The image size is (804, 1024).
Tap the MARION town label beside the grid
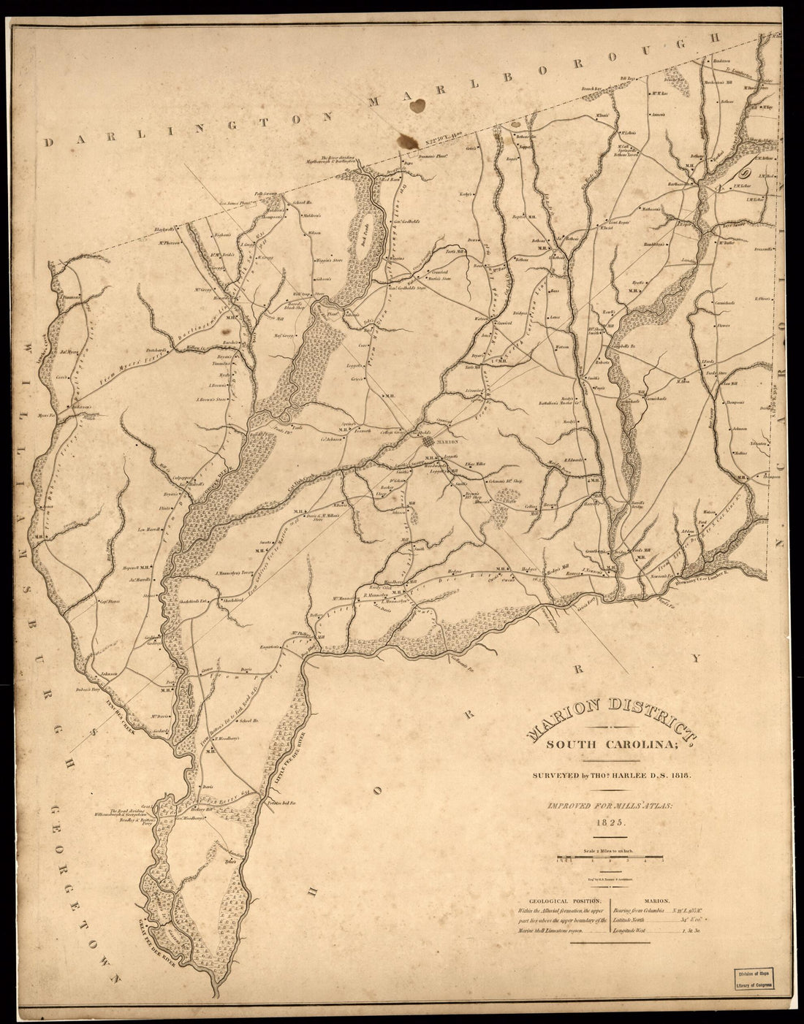tap(447, 442)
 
